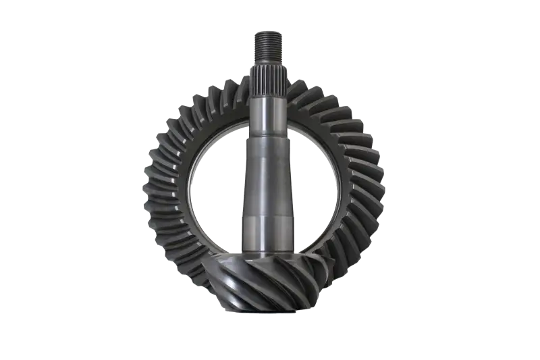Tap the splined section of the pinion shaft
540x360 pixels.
pyautogui.click(x=269, y=77)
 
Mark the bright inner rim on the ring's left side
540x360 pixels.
pyautogui.click(x=192, y=182)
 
